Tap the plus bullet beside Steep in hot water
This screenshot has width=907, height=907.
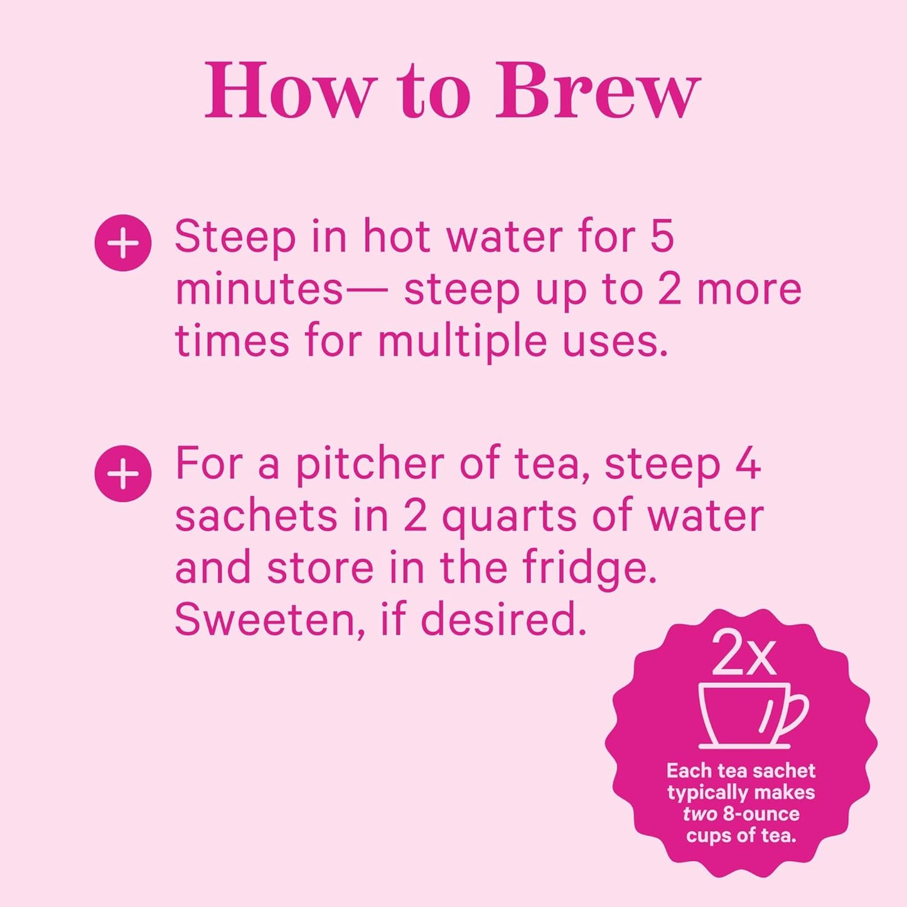point(123,244)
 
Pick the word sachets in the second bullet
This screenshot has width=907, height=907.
point(257,516)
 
